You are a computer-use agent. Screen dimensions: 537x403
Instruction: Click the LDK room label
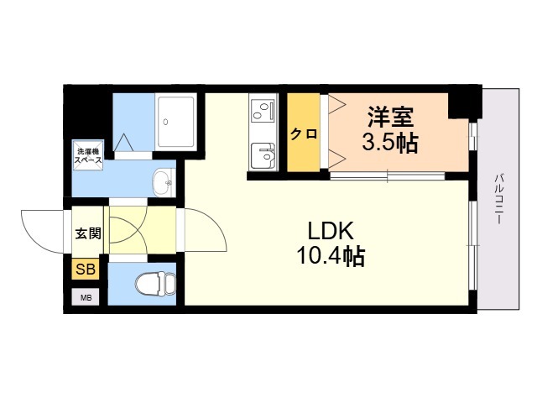click(x=331, y=231)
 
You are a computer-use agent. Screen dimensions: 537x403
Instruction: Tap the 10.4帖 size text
click(x=331, y=255)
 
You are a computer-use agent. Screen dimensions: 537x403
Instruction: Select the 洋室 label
click(x=391, y=117)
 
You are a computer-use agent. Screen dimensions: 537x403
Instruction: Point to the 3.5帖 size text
click(x=390, y=142)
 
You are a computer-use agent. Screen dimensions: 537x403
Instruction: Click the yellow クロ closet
click(x=304, y=133)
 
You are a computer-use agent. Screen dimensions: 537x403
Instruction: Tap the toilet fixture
click(x=154, y=284)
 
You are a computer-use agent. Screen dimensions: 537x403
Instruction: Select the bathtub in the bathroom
click(x=176, y=122)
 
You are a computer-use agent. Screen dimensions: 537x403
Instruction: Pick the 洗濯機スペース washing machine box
click(x=87, y=154)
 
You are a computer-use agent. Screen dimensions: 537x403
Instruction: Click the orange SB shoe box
click(x=86, y=269)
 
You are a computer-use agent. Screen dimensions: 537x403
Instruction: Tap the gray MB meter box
click(x=86, y=297)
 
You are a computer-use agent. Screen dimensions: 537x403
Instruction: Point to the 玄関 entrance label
click(x=88, y=233)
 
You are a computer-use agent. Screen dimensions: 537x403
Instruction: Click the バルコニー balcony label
click(x=499, y=200)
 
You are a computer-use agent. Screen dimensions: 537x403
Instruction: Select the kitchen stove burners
click(x=263, y=110)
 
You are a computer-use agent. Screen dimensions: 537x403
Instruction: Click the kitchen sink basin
click(x=263, y=156)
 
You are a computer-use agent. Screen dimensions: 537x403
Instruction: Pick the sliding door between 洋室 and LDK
click(x=388, y=176)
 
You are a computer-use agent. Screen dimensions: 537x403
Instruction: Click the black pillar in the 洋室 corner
click(x=465, y=102)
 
